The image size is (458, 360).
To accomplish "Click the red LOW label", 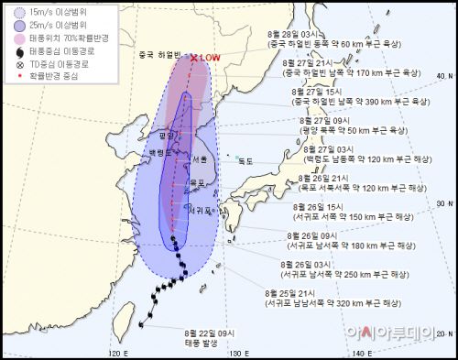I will click(210, 58).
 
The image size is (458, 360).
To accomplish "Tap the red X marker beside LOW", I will click(194, 58).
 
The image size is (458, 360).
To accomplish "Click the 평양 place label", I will click(165, 134).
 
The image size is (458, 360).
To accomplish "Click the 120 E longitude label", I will click(116, 352).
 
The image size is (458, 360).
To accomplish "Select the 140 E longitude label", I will click(362, 352).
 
